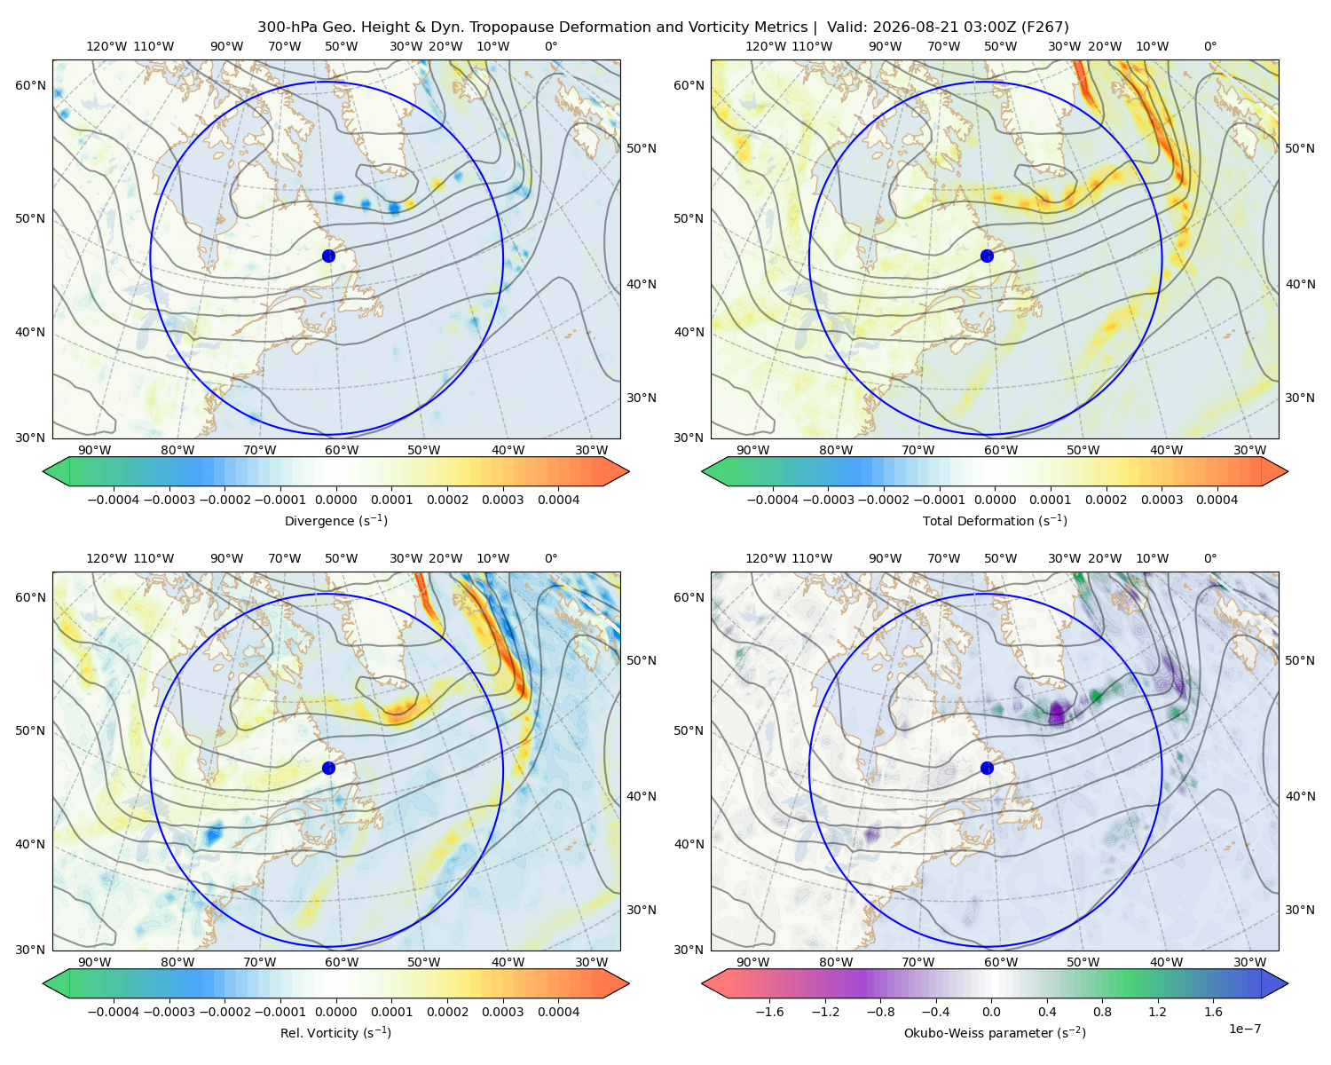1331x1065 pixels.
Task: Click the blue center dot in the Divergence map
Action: pyautogui.click(x=328, y=256)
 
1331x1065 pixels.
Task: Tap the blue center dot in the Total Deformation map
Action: pyautogui.click(x=987, y=256)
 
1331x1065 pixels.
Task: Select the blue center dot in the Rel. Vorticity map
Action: pyautogui.click(x=328, y=768)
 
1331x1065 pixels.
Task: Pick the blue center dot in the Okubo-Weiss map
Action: pyautogui.click(x=987, y=768)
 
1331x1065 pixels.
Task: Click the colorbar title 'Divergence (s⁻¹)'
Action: pyautogui.click(x=335, y=521)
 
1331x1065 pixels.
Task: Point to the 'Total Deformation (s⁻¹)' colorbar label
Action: pyautogui.click(x=995, y=521)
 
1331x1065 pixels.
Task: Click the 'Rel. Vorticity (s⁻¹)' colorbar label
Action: pyautogui.click(x=335, y=1033)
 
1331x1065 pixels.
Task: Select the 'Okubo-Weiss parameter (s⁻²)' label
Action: pyautogui.click(x=995, y=1033)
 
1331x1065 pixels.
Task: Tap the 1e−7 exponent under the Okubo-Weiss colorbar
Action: pyautogui.click(x=1244, y=1029)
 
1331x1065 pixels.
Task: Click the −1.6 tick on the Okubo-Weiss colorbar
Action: pyautogui.click(x=769, y=1012)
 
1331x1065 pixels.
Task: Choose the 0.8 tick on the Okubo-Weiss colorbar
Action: pyautogui.click(x=1102, y=1012)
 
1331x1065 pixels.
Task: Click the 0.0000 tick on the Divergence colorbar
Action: pyautogui.click(x=335, y=500)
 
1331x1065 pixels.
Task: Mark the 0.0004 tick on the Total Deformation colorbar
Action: pyautogui.click(x=1217, y=500)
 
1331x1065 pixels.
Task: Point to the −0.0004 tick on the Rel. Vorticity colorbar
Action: pyautogui.click(x=114, y=1012)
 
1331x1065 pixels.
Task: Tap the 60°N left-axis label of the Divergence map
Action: pyautogui.click(x=30, y=85)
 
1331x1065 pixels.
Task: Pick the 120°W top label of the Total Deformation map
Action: pyautogui.click(x=766, y=46)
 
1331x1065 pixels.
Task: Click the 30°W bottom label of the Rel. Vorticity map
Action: pyautogui.click(x=592, y=962)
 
